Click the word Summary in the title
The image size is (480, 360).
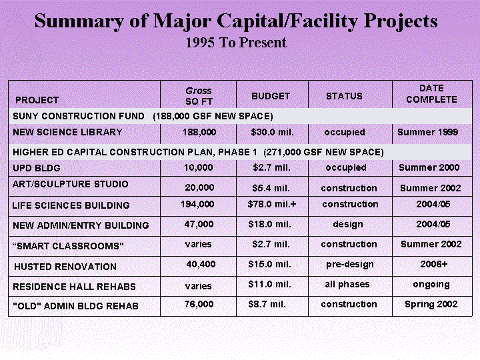click(x=79, y=22)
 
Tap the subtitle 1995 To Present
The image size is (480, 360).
click(x=236, y=43)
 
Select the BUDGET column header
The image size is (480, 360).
click(x=271, y=96)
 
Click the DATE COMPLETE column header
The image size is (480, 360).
click(x=431, y=94)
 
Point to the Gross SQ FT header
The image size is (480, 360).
click(x=199, y=96)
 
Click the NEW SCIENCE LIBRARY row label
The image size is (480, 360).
click(x=67, y=132)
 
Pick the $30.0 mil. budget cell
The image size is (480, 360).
click(x=272, y=132)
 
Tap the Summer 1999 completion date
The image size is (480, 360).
click(x=427, y=132)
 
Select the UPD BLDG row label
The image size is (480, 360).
click(x=37, y=168)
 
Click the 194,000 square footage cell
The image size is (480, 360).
click(x=197, y=204)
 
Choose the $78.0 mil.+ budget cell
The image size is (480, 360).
click(x=272, y=204)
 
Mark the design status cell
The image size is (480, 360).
click(x=348, y=225)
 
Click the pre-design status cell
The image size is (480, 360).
click(x=349, y=264)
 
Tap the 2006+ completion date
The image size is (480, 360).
click(x=434, y=264)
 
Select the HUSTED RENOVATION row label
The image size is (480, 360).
click(x=65, y=267)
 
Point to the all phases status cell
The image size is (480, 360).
click(x=347, y=285)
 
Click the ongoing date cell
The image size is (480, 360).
click(x=431, y=285)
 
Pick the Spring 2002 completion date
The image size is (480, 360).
click(x=431, y=304)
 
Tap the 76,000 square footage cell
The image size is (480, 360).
click(x=199, y=304)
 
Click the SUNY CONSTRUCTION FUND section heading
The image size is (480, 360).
click(x=79, y=116)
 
